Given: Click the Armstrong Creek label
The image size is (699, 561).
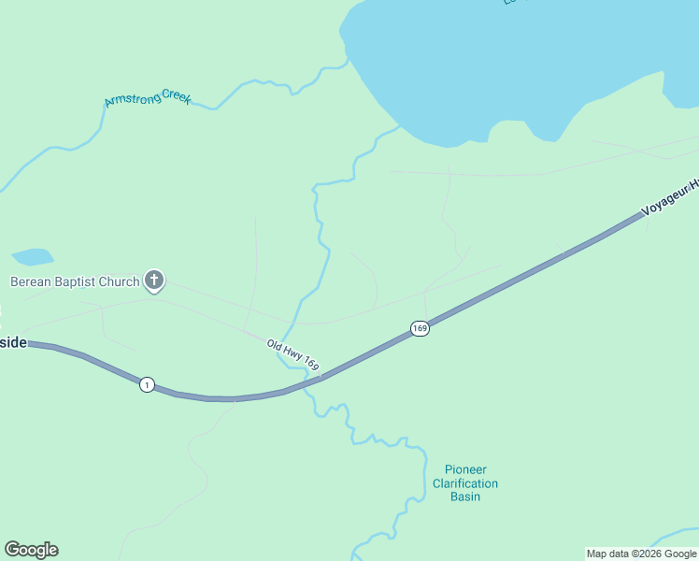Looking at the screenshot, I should tap(148, 97).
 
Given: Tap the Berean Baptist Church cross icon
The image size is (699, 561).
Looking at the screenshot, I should tap(154, 280).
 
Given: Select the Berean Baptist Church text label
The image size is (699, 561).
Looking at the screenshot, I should tap(75, 281).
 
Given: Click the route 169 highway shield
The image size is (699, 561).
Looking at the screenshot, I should tap(420, 328).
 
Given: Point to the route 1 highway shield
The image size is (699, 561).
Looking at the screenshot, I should tap(147, 384).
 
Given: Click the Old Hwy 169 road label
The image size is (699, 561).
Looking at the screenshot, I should tap(292, 356).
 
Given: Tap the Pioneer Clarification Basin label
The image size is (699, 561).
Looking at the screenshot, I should tap(465, 482).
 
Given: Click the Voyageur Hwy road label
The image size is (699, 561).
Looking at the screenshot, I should tap(670, 199).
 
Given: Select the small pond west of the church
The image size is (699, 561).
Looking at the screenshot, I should tap(32, 256).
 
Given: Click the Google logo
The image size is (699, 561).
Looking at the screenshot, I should tap(31, 550).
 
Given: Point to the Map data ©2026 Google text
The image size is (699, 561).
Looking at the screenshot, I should tap(641, 554).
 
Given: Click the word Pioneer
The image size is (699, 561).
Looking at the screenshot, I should tap(465, 469).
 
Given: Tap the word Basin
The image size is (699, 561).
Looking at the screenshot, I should tap(465, 496).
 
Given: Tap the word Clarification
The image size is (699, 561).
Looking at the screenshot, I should tap(465, 483).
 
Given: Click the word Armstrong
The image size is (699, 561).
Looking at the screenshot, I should tap(133, 99).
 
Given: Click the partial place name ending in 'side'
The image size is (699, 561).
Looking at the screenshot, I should tap(12, 343).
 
